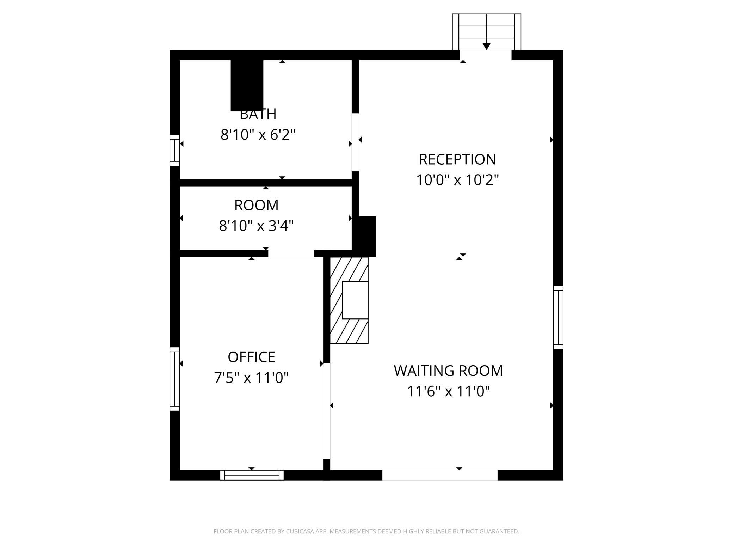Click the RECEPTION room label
point(457,159)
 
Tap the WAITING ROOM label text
point(448,371)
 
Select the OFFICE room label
point(251,357)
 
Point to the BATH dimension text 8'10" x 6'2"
point(258,135)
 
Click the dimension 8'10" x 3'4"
point(256,226)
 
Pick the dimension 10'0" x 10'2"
point(457,180)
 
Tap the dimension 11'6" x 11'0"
point(449,391)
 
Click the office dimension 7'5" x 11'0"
point(251,378)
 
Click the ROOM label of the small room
point(256,205)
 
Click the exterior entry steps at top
point(486,32)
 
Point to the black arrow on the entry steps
point(487,46)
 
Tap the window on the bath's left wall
point(175,150)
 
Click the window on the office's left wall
point(175,379)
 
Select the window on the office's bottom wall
point(252,475)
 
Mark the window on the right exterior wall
point(558,317)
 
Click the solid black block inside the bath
point(247,85)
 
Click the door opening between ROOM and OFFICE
point(291,253)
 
